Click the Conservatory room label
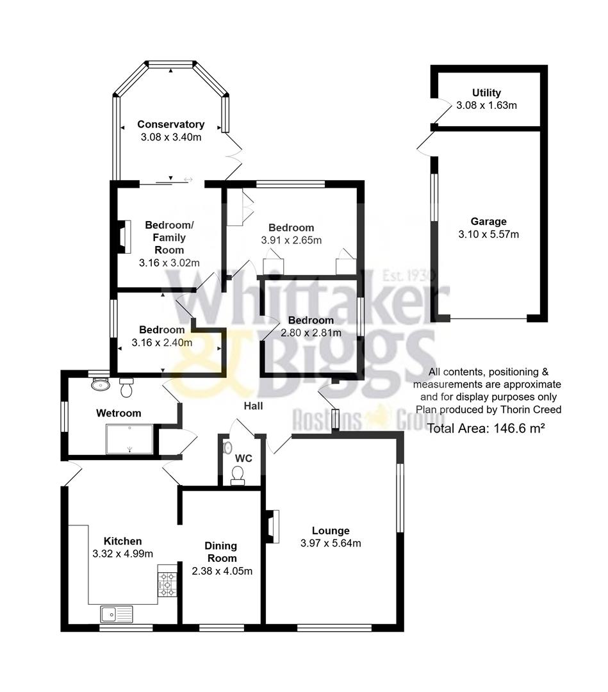point(170,124)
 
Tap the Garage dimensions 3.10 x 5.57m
point(488,234)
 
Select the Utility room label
point(486,93)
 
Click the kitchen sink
point(116,614)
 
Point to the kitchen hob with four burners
point(167,584)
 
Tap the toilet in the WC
point(238,475)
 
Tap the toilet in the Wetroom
point(126,387)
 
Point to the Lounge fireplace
point(272,526)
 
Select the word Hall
point(252,406)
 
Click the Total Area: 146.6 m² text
point(485,429)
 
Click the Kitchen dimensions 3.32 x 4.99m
point(122,554)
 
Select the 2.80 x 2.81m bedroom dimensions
point(311,333)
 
